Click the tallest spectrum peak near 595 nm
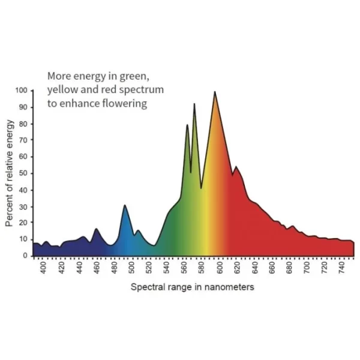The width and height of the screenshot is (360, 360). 215,92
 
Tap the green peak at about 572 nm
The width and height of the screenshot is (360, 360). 194,105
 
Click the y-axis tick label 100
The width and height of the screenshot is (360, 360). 22,90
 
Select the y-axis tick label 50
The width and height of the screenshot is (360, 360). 24,173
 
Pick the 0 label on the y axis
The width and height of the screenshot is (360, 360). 26,256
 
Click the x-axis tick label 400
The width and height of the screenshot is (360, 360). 43,268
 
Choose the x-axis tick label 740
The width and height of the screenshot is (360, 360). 342,268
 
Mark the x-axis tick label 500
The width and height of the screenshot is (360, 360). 131,268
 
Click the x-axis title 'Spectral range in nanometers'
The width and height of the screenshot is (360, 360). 192,287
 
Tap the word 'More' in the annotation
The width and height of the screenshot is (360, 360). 59,76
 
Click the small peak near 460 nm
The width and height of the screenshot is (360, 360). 96,229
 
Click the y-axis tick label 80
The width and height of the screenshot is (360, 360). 24,123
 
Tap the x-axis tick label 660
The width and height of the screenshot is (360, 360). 272,268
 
